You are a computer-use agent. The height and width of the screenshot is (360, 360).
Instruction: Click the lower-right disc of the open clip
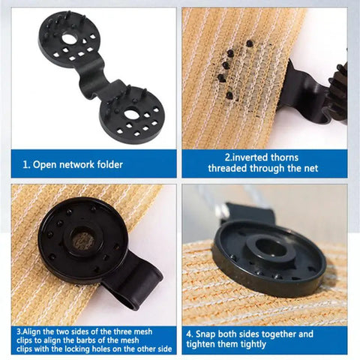(x=133, y=114)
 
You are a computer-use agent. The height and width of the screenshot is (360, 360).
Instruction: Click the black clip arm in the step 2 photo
(x=300, y=94)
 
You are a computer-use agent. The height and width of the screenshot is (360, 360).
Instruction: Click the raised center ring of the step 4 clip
(x=268, y=250)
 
